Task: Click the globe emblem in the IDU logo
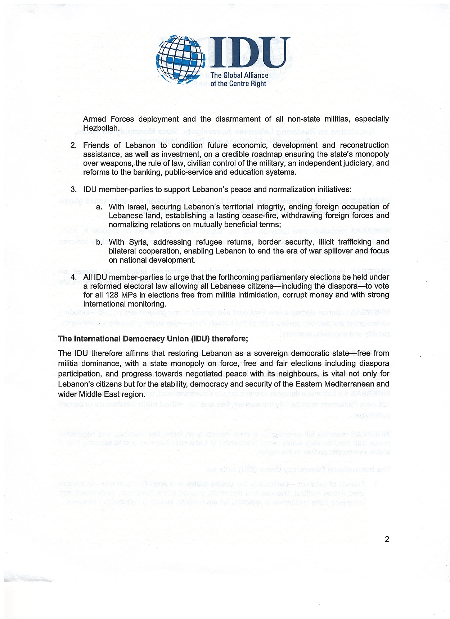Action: [x=180, y=58]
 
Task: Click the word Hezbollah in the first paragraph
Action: [x=101, y=128]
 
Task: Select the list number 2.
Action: [x=73, y=145]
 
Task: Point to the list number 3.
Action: [x=73, y=189]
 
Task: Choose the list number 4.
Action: [x=73, y=277]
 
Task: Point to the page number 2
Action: [x=387, y=539]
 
